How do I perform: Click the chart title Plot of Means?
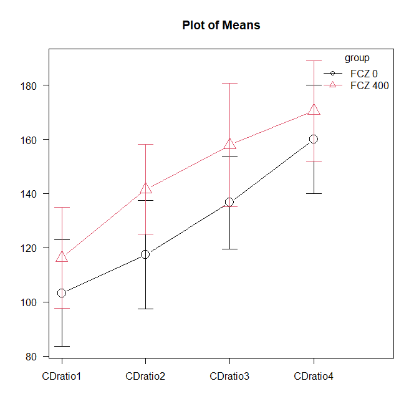[x=221, y=26]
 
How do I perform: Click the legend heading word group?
[x=357, y=58]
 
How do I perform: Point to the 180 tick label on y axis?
[x=28, y=86]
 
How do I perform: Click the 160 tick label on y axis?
[x=28, y=140]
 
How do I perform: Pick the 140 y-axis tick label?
[x=28, y=195]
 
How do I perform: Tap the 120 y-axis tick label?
[x=28, y=249]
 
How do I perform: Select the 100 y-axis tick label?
[x=28, y=303]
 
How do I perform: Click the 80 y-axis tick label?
[x=31, y=357]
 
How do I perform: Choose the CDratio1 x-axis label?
[x=62, y=376]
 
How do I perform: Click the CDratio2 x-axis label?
[x=145, y=376]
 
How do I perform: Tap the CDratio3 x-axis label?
[x=229, y=376]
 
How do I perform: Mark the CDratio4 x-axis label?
[x=314, y=376]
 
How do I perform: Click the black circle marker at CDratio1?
[x=62, y=293]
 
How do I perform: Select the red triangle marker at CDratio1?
[x=62, y=257]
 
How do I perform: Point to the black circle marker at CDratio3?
[x=229, y=202]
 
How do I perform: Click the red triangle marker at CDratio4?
[x=314, y=110]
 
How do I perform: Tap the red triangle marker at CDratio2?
[x=146, y=188]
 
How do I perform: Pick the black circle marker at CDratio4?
[x=314, y=139]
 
